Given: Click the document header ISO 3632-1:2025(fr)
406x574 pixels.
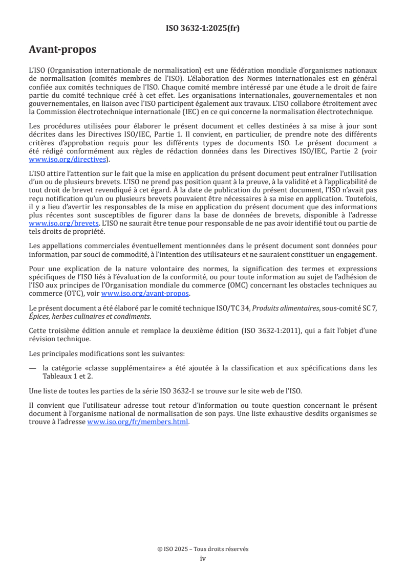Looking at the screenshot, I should (x=203, y=29).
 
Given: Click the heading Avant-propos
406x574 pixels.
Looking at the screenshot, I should (x=62, y=50).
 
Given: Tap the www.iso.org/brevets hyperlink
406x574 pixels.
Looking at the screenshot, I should (x=63, y=224).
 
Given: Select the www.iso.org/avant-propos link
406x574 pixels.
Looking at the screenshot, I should (x=145, y=294).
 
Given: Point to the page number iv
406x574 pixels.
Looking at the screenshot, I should (x=203, y=558).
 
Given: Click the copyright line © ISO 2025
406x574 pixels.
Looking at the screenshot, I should (x=203, y=549).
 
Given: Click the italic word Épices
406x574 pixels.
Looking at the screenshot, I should (x=39, y=316).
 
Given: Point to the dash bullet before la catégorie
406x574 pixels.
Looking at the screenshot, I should (x=33, y=368).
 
